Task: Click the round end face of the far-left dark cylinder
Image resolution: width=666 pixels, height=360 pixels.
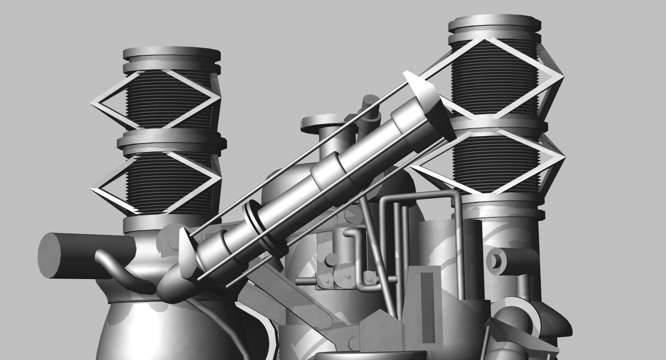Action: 49,255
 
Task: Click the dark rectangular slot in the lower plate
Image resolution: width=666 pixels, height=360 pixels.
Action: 426,306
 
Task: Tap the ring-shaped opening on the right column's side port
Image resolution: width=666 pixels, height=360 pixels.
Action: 495,261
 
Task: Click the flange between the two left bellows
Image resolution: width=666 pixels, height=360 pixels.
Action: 171,141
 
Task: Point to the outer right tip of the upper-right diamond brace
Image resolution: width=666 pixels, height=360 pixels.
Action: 563,78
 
